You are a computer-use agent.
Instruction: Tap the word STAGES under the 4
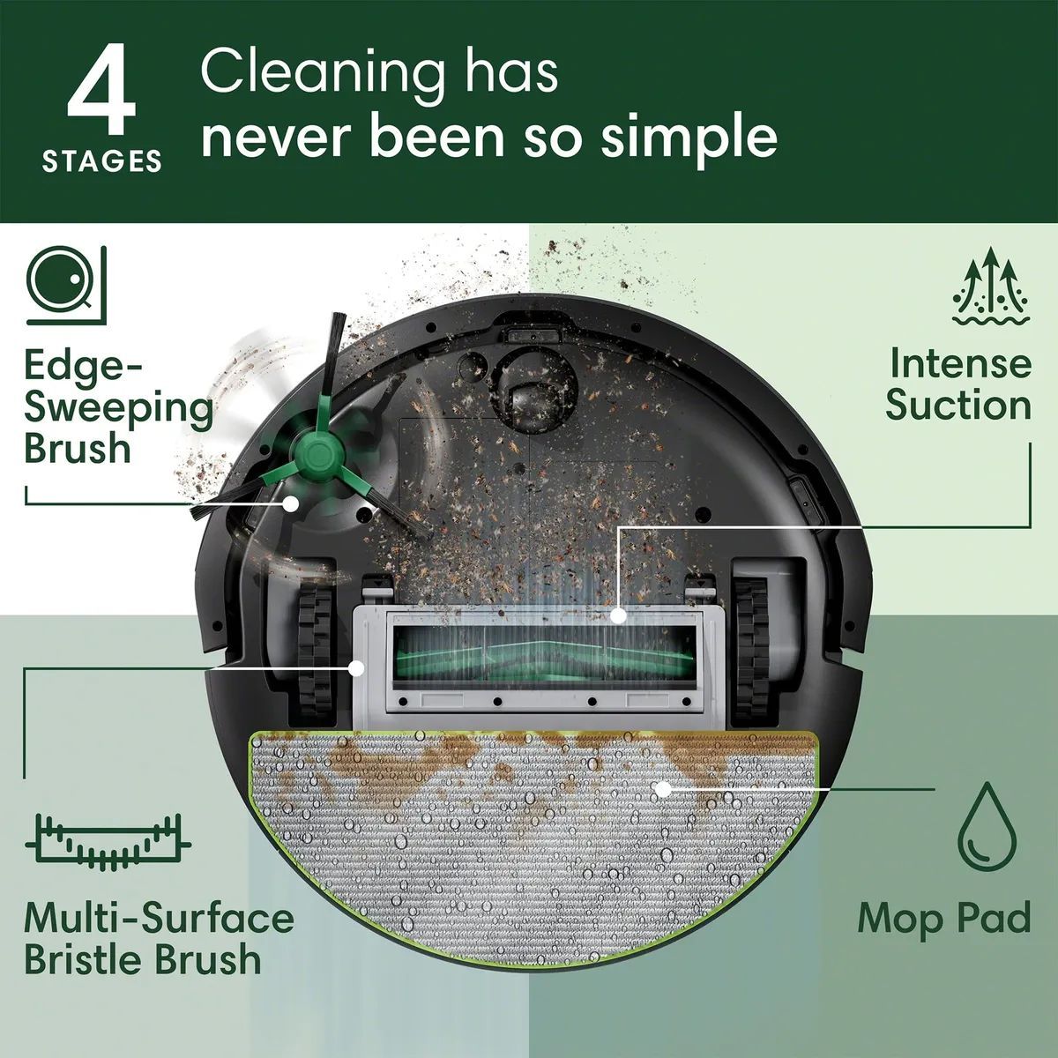102,161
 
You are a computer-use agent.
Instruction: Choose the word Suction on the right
958,406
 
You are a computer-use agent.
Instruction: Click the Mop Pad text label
944,919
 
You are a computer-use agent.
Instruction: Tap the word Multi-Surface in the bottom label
159,918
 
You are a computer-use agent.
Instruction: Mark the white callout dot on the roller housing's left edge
356,667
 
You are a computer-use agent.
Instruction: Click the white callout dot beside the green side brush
290,502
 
